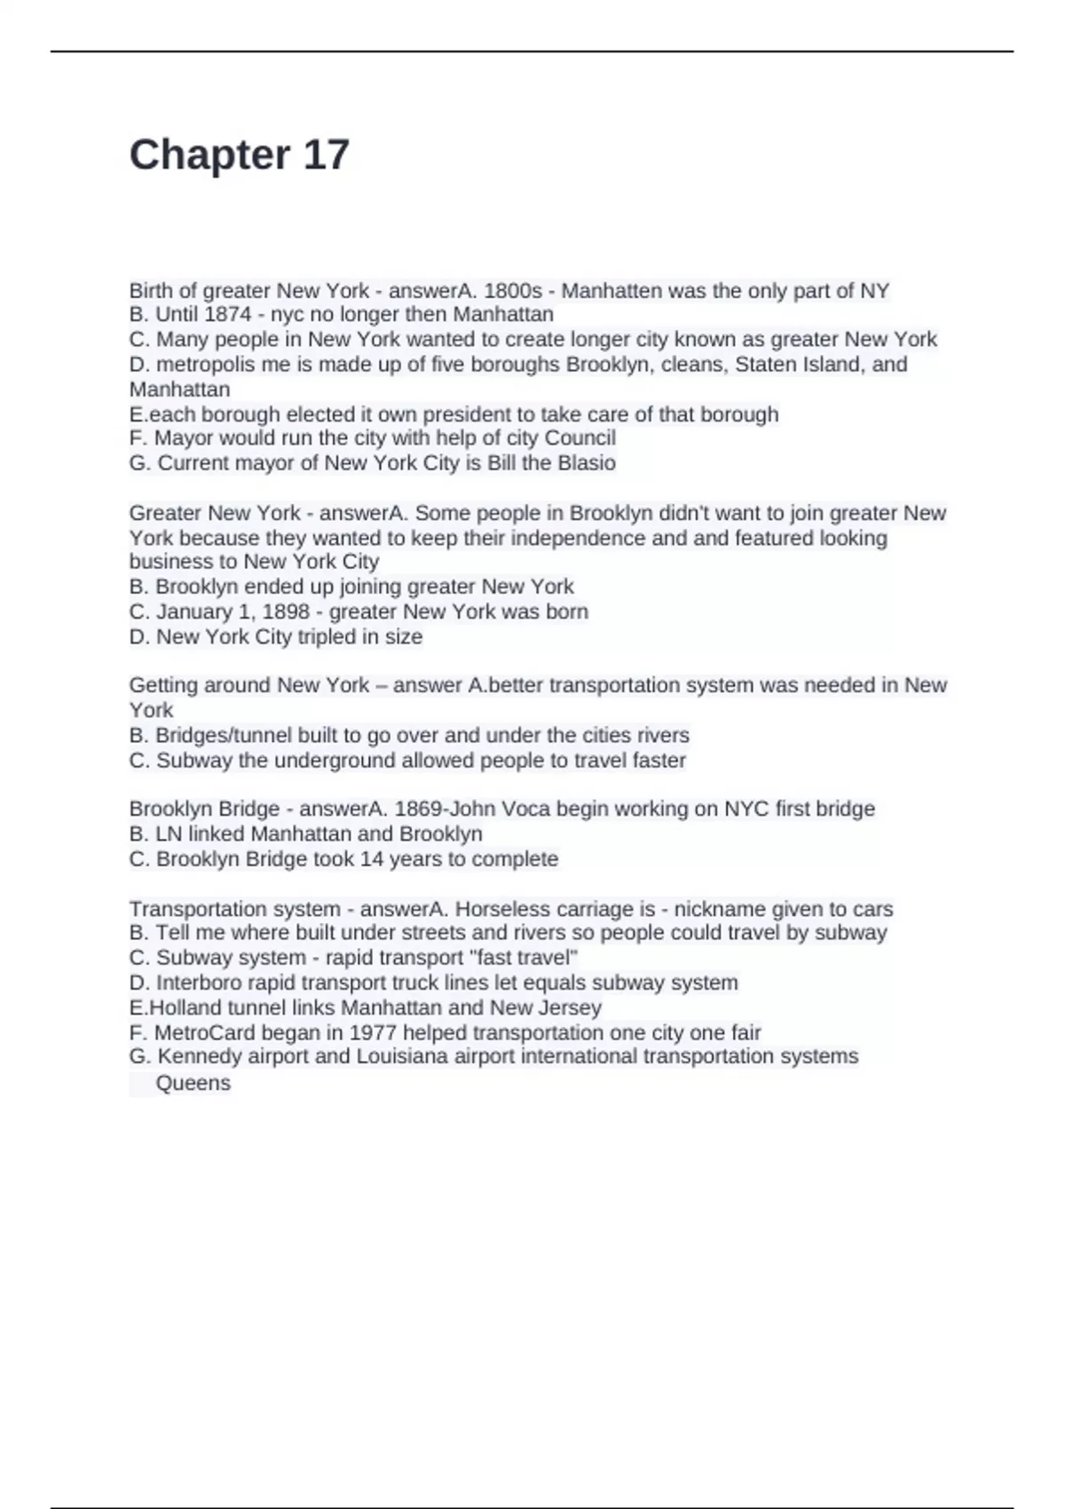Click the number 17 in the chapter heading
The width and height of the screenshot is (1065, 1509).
pyautogui.click(x=326, y=155)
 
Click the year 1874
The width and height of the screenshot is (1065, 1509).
pyautogui.click(x=228, y=314)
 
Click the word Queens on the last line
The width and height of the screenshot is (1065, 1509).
pyautogui.click(x=193, y=1083)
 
